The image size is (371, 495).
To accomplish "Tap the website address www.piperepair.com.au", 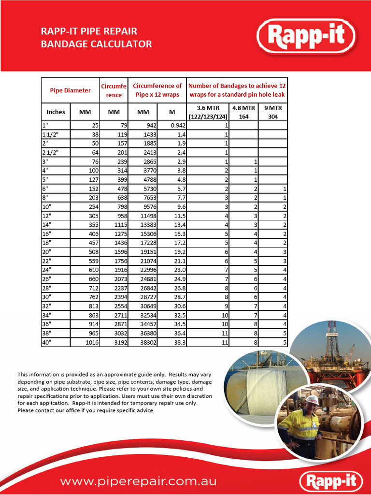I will (138, 481).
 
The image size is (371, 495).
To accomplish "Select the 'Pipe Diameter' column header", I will (70, 90).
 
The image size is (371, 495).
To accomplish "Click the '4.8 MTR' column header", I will (243, 108).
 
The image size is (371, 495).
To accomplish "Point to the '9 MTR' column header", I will (272, 108).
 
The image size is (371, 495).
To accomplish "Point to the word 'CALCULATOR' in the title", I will (122, 44).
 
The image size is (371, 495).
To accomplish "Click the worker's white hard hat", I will (312, 399).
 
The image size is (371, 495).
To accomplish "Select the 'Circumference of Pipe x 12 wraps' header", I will (157, 90).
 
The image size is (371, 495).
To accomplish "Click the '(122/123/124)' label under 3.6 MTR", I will (208, 116).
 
